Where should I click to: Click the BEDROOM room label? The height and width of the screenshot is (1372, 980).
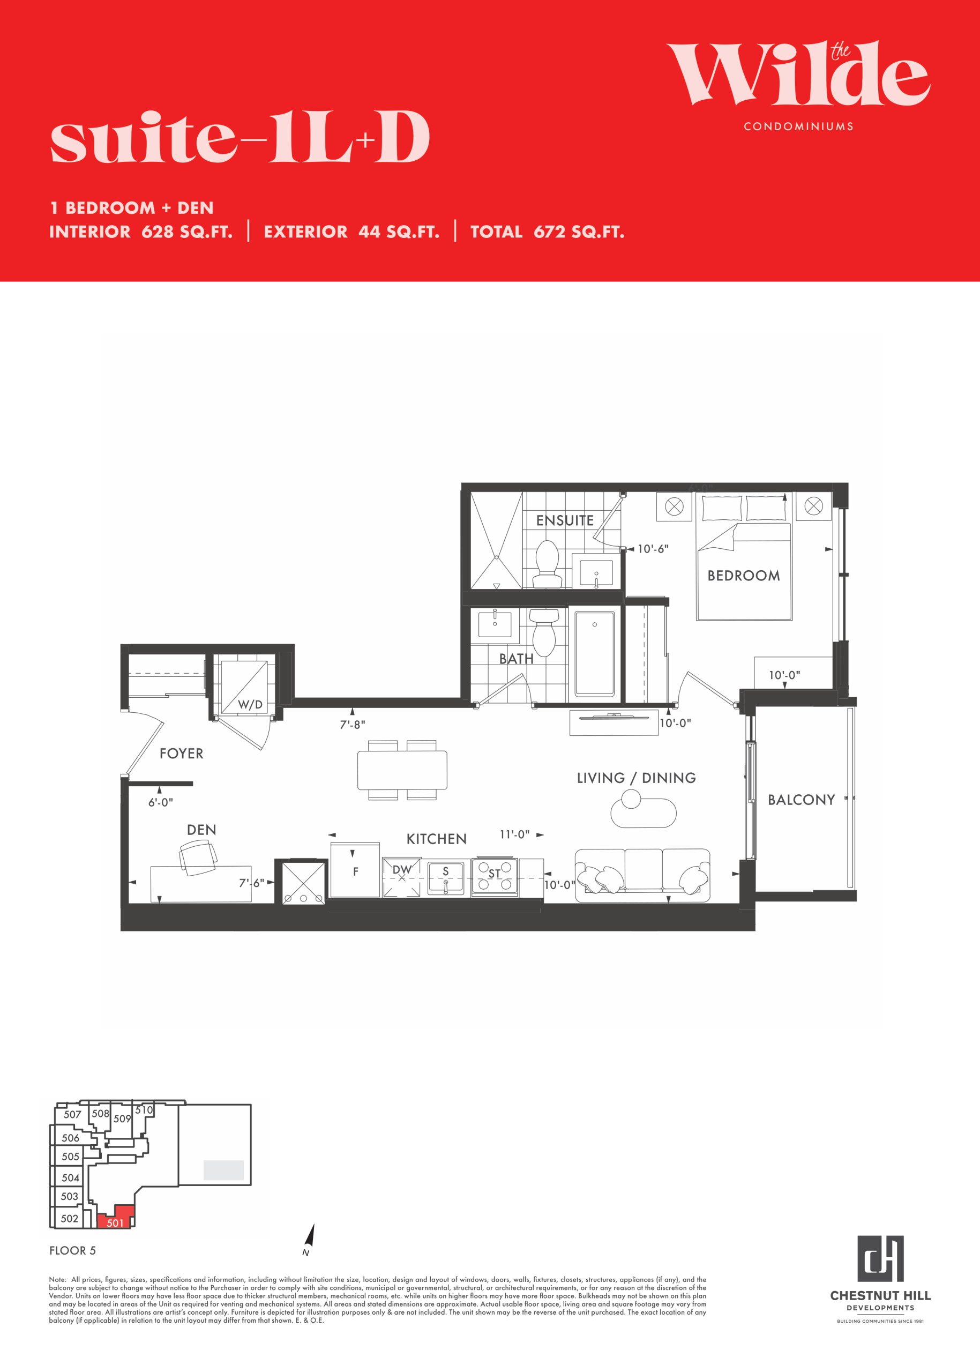coord(744,575)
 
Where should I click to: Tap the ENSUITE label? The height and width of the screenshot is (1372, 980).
coord(565,520)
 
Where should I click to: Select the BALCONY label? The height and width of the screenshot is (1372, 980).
coord(802,800)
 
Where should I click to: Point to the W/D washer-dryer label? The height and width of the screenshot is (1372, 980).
coord(250,704)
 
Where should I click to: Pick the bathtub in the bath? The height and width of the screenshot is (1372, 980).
coord(595,654)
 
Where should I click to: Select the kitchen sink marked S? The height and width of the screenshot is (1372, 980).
coord(446,877)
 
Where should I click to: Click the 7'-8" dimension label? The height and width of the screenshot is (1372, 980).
coord(352,725)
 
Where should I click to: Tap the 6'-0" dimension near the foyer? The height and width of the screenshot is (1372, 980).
coord(161,802)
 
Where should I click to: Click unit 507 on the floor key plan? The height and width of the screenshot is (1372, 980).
coord(72,1114)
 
